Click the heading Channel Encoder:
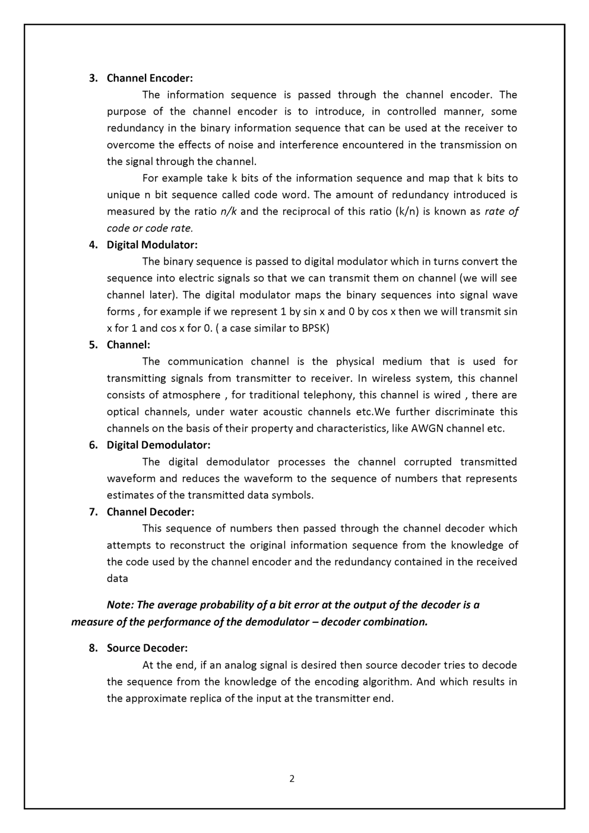tap(150, 78)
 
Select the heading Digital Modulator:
tap(152, 245)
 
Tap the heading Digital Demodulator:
tap(159, 445)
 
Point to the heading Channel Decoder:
tap(150, 512)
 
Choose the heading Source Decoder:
tap(147, 648)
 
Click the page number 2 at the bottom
tap(292, 779)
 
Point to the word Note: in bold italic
tap(121, 605)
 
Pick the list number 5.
tap(93, 345)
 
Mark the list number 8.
tap(93, 648)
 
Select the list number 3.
tap(93, 78)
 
